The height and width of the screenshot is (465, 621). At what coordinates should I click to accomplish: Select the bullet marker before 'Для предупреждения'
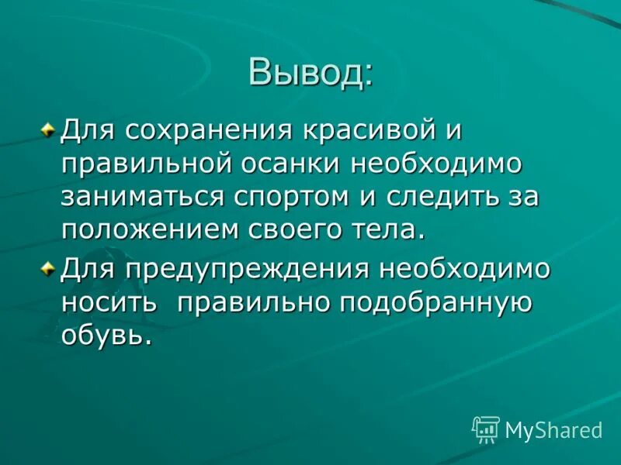tap(49, 269)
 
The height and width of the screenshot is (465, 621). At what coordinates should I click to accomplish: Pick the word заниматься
tap(143, 196)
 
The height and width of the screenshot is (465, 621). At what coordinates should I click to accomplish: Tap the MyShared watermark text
tap(553, 430)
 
